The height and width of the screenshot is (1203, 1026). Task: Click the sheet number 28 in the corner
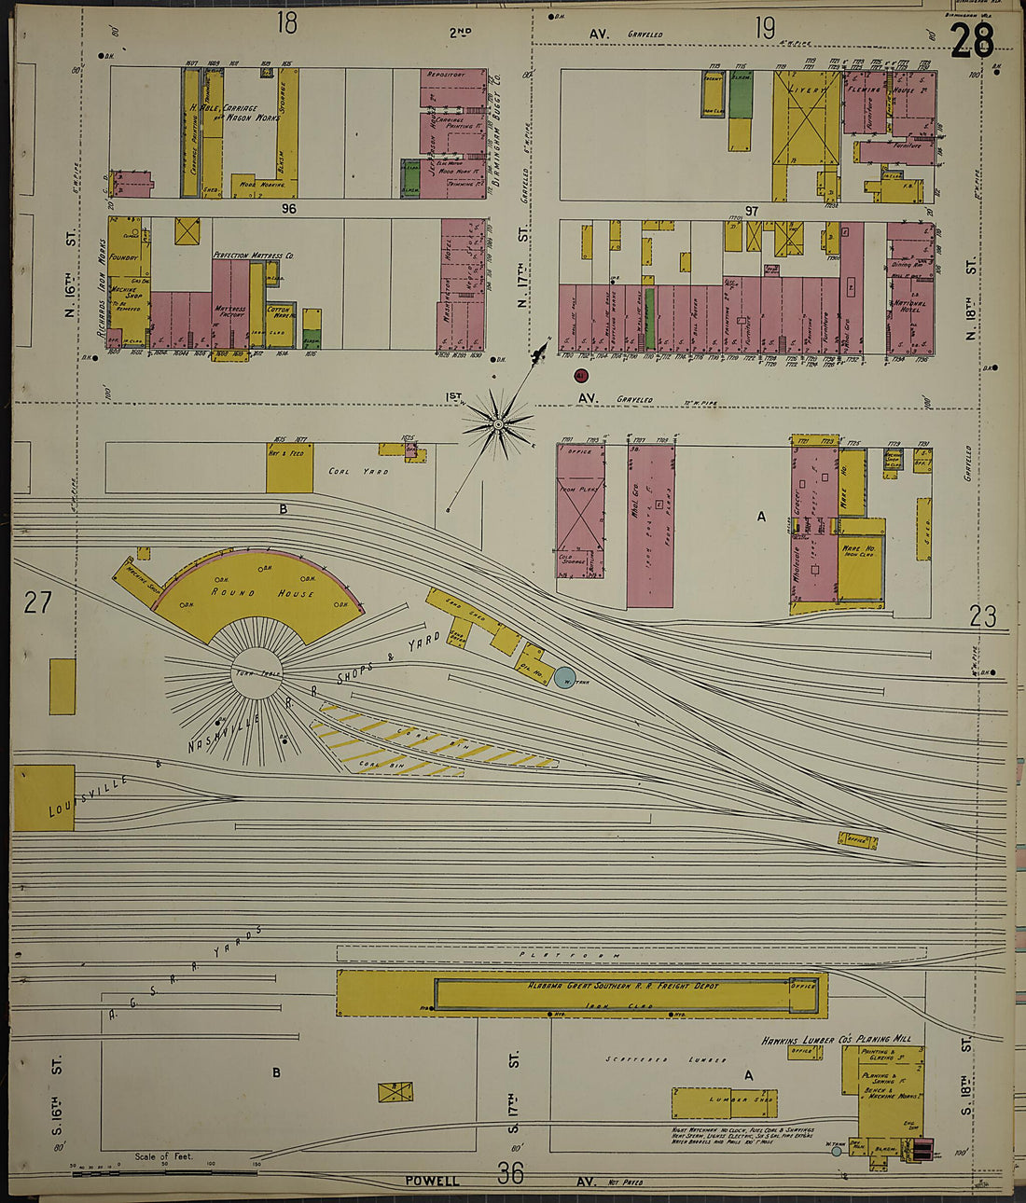pyautogui.click(x=973, y=39)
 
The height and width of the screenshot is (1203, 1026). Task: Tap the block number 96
pyautogui.click(x=288, y=209)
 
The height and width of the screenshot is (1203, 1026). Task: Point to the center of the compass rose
pyautogui.click(x=499, y=425)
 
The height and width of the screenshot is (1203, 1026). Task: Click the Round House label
pyautogui.click(x=262, y=592)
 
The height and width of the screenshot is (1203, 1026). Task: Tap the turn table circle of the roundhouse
pyautogui.click(x=256, y=673)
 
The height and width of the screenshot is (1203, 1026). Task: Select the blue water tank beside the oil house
pyautogui.click(x=565, y=678)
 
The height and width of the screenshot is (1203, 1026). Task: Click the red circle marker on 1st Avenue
pyautogui.click(x=580, y=376)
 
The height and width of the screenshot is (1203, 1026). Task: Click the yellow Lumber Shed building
pyautogui.click(x=725, y=1102)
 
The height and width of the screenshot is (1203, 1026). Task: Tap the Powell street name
pyautogui.click(x=432, y=1181)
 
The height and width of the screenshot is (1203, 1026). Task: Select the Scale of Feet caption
pyautogui.click(x=163, y=1156)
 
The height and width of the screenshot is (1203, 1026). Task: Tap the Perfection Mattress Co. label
pyautogui.click(x=254, y=255)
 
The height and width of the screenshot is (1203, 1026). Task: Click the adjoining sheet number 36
pyautogui.click(x=510, y=1173)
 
